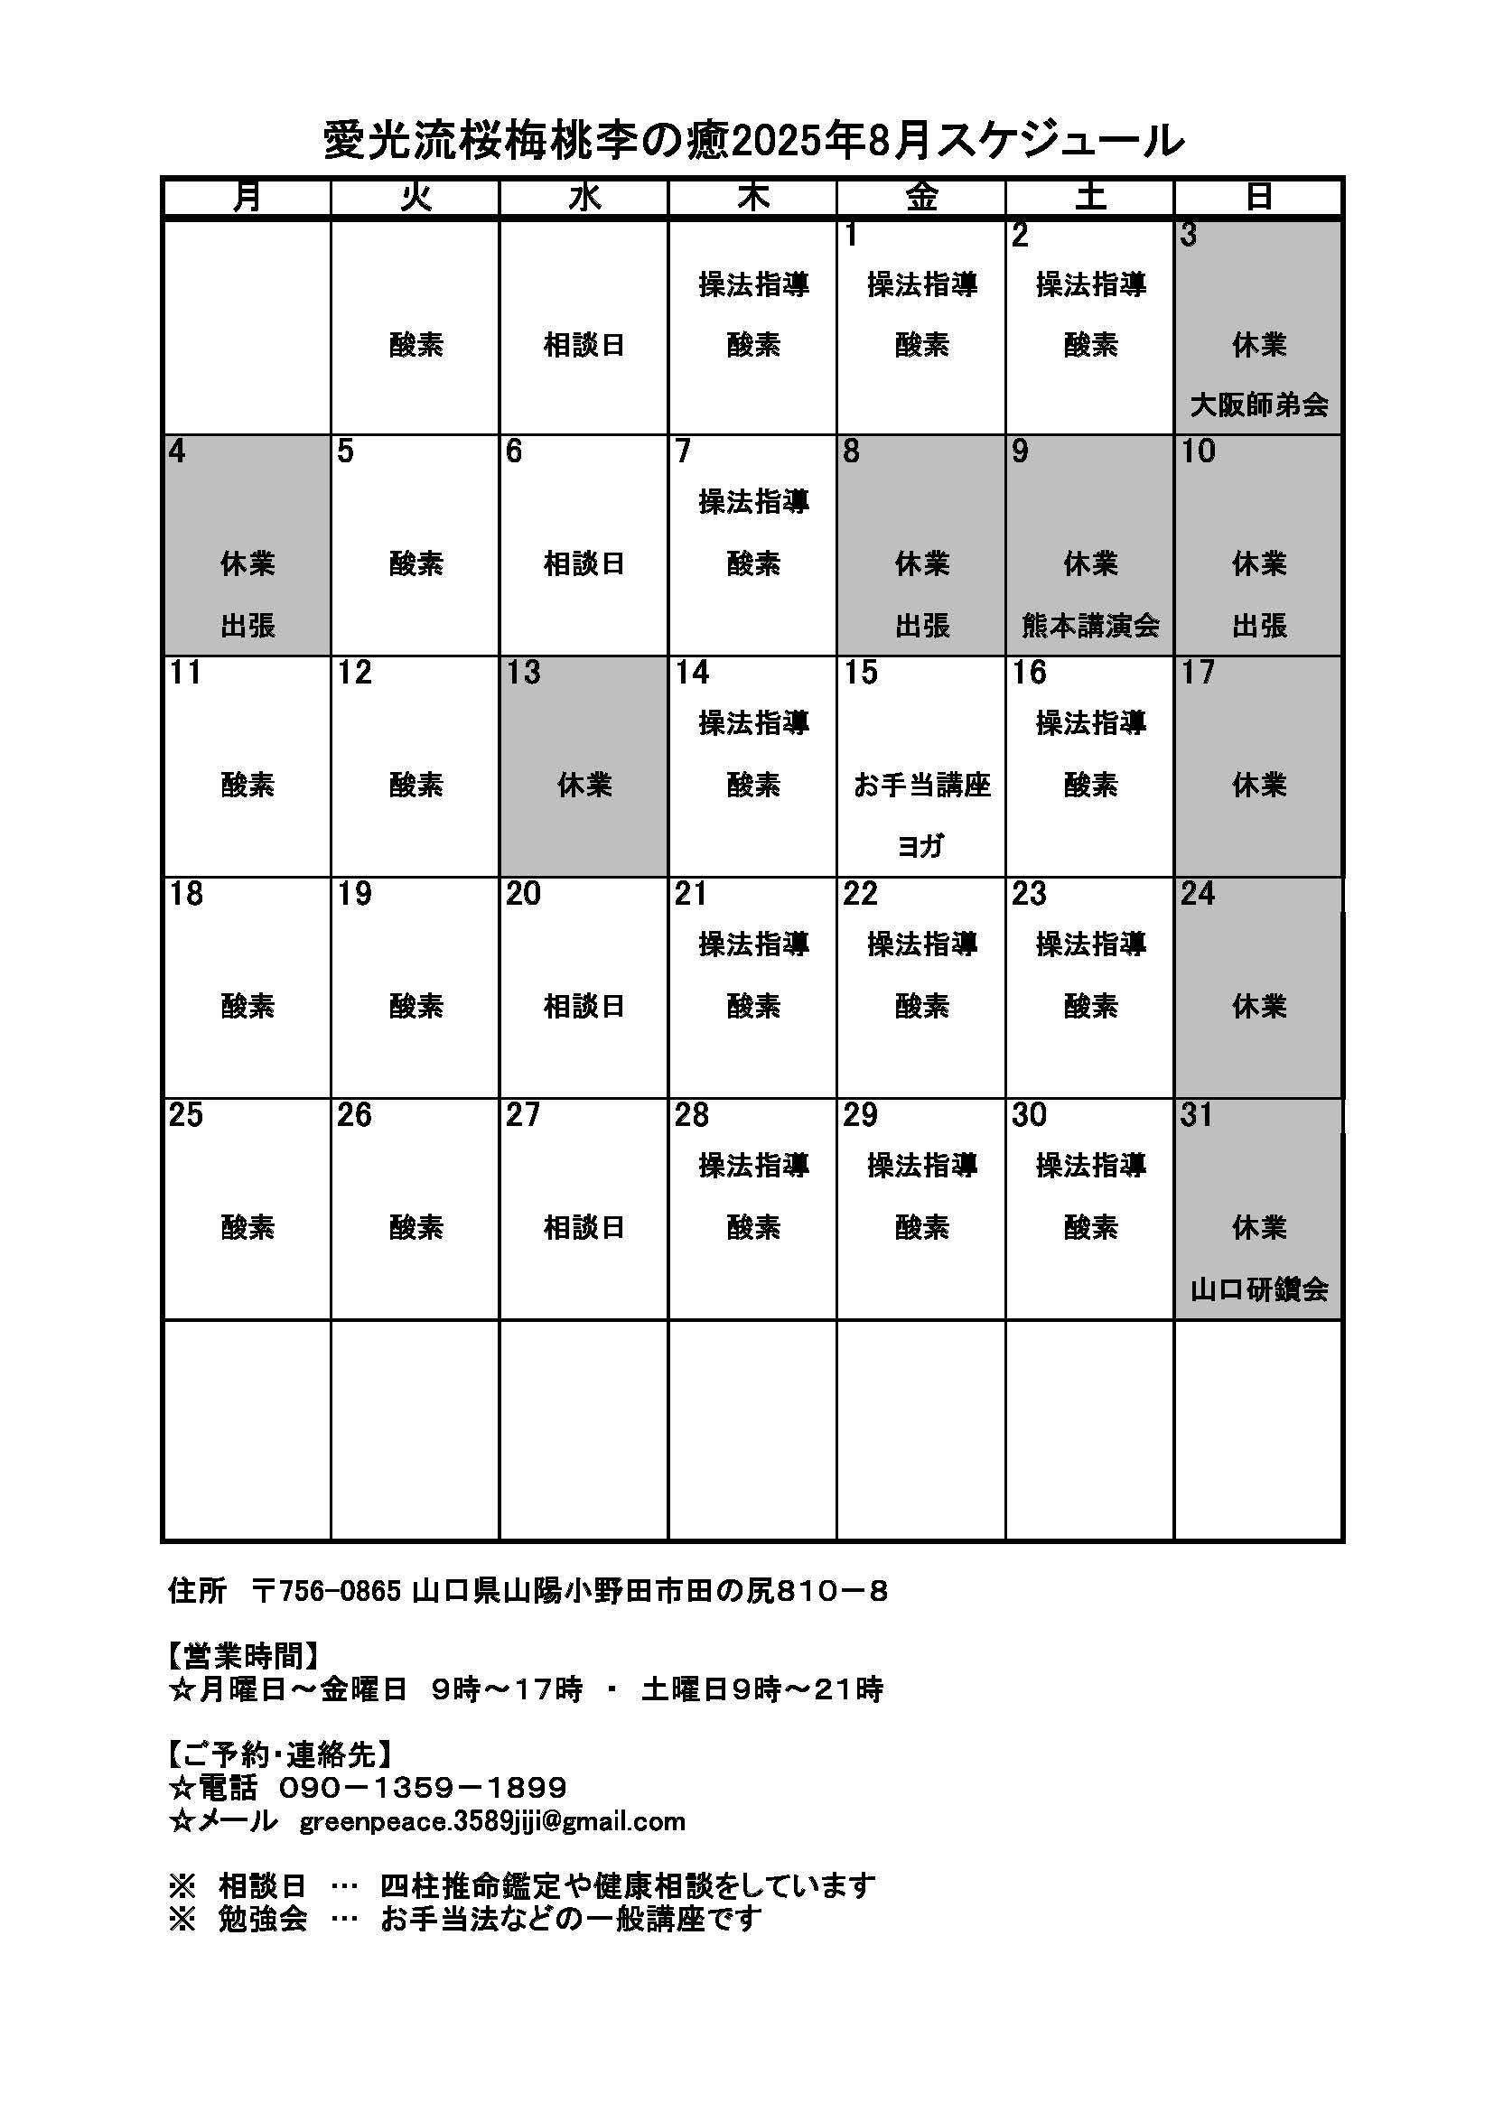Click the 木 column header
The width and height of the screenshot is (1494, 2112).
coord(752,197)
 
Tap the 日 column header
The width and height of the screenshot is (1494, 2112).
coord(1258,197)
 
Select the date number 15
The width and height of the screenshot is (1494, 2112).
coord(861,674)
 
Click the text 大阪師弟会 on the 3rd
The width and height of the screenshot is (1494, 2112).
coord(1258,405)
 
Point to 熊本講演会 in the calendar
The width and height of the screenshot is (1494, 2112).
coord(1090,627)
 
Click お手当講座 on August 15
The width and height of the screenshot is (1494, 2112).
coord(922,786)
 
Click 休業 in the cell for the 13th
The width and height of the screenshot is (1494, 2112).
coord(584,786)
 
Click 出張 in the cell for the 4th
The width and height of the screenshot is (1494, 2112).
coord(247,627)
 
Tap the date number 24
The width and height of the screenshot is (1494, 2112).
coord(1198,894)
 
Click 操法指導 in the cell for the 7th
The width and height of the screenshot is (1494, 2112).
coord(753,502)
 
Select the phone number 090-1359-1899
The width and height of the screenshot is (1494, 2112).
coord(422,1788)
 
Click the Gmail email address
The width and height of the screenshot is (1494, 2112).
coord(492,1822)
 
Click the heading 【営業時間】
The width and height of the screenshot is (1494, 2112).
coord(244,1657)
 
